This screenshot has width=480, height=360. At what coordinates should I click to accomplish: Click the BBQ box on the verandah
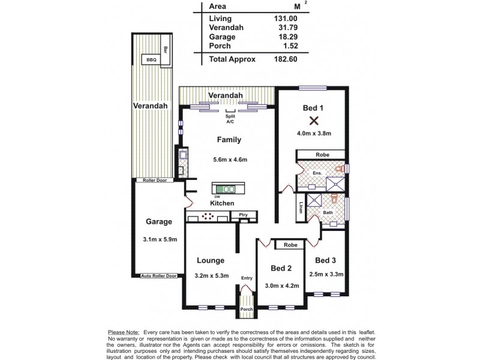pyautogui.click(x=148, y=59)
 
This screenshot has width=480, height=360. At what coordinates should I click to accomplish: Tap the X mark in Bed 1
pyautogui.click(x=313, y=120)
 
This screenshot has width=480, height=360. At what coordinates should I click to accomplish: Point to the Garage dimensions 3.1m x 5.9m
pyautogui.click(x=159, y=239)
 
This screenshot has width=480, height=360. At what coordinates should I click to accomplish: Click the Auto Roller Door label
pyautogui.click(x=159, y=276)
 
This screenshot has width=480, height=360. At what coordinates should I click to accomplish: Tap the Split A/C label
pyautogui.click(x=230, y=119)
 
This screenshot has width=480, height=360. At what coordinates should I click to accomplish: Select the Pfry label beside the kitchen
pyautogui.click(x=244, y=214)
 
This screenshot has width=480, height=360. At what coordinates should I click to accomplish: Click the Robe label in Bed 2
pyautogui.click(x=290, y=245)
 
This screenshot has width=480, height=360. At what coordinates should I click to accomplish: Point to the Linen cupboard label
pyautogui.click(x=300, y=208)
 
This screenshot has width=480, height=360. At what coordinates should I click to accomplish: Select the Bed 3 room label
pyautogui.click(x=325, y=260)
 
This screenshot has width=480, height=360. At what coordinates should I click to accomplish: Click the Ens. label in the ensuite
pyautogui.click(x=317, y=173)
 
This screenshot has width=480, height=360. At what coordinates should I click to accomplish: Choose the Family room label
pyautogui.click(x=229, y=140)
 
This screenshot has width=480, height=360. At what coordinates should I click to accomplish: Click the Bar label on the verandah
pyautogui.click(x=166, y=50)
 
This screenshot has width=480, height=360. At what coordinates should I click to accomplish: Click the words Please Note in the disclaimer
pyautogui.click(x=123, y=332)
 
